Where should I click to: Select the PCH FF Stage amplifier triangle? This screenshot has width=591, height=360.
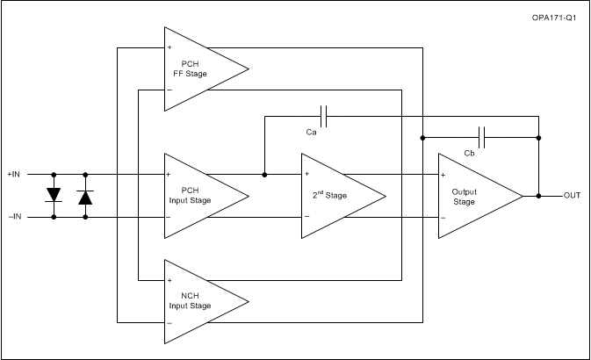pyautogui.click(x=198, y=68)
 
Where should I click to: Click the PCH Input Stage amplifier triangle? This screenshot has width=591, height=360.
pyautogui.click(x=198, y=195)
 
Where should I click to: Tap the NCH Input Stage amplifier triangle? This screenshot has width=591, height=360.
pyautogui.click(x=198, y=301)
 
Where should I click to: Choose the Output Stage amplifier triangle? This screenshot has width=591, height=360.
pyautogui.click(x=474, y=195)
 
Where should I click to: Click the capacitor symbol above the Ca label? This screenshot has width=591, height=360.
pyautogui.click(x=324, y=115)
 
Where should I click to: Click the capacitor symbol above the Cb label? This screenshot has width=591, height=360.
pyautogui.click(x=482, y=137)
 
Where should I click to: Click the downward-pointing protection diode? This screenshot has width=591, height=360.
pyautogui.click(x=54, y=194)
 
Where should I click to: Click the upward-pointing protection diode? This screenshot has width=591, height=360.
pyautogui.click(x=85, y=196)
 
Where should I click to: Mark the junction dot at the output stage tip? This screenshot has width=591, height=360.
pyautogui.click(x=538, y=195)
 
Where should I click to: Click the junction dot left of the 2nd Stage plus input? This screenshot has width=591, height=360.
pyautogui.click(x=264, y=174)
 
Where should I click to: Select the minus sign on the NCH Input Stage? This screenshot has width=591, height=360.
pyautogui.click(x=169, y=323)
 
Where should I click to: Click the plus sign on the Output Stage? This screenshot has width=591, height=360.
pyautogui.click(x=443, y=174)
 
